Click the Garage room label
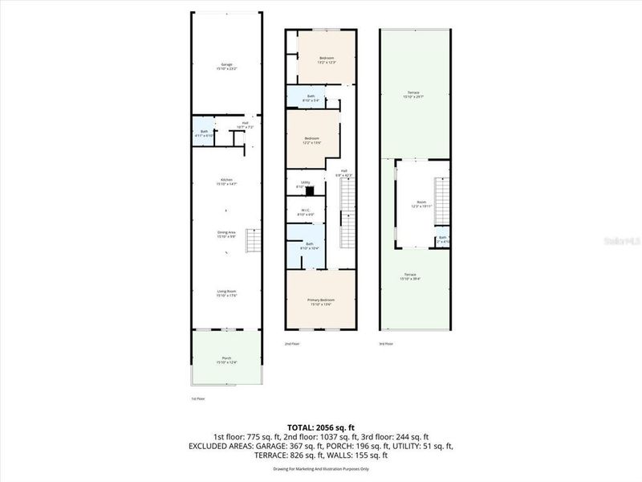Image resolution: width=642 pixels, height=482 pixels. coord(226,67)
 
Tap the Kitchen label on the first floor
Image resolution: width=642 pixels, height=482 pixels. coord(226,182)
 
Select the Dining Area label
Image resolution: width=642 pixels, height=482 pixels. coord(226,235)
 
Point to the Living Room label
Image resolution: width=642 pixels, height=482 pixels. coord(226,293)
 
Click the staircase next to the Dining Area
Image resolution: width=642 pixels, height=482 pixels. coord(253,239)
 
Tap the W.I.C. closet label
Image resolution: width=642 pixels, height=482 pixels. coord(306,212)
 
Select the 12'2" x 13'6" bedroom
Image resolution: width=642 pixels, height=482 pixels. coord(312,141)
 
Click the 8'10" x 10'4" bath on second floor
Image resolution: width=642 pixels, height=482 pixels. coord(309,245)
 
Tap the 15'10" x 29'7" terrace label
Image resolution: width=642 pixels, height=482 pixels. coord(414,95)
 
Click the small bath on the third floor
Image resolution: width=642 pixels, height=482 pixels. coord(442,239)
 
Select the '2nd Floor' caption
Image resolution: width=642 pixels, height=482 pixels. coord(292,344)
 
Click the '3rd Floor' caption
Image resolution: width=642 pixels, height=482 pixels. coord(386,344)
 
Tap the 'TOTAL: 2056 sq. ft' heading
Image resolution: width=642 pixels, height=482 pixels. coord(321,427)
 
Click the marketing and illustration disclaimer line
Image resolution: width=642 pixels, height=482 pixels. coord(321,468)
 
